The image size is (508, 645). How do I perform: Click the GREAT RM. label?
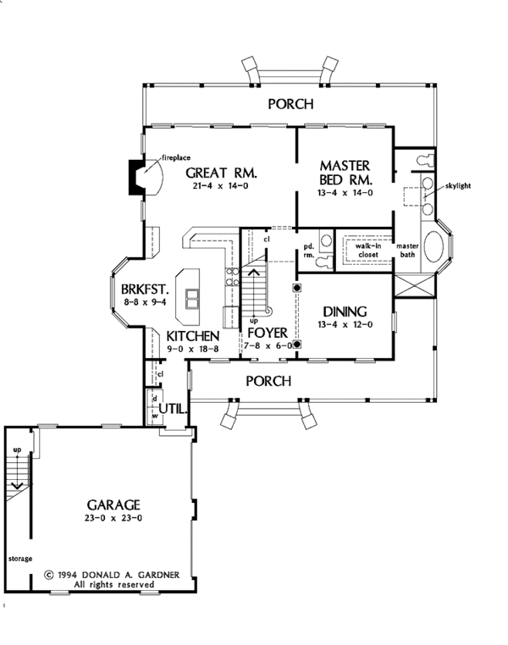[x=221, y=173]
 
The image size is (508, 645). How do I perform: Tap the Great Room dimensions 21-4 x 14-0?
[x=220, y=186]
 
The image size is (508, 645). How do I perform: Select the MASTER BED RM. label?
[x=345, y=173]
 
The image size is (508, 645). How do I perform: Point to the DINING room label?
[x=345, y=311]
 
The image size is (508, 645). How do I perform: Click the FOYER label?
[x=268, y=333]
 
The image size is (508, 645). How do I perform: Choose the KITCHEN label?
[x=192, y=336]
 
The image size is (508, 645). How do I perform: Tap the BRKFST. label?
[x=145, y=289]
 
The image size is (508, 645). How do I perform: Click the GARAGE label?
[x=113, y=504]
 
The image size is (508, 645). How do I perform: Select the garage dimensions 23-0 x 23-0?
[x=113, y=518]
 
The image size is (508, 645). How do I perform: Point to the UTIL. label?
[x=174, y=409]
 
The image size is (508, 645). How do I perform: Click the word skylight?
[x=458, y=186]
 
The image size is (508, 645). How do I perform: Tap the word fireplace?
[x=176, y=157]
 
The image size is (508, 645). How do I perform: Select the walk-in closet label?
[x=368, y=251]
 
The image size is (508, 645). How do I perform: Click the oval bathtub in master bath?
[x=433, y=247]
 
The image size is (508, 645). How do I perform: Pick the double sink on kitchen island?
[x=191, y=299]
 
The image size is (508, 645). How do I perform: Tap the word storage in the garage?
[x=20, y=559]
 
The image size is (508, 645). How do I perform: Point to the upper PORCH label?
[x=290, y=104]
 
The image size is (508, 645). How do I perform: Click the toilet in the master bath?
[x=425, y=160]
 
